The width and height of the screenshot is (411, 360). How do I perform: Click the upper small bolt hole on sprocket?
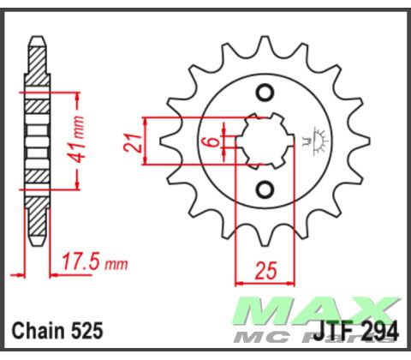(265, 93)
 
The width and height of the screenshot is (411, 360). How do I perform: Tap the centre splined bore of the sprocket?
(264, 140)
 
